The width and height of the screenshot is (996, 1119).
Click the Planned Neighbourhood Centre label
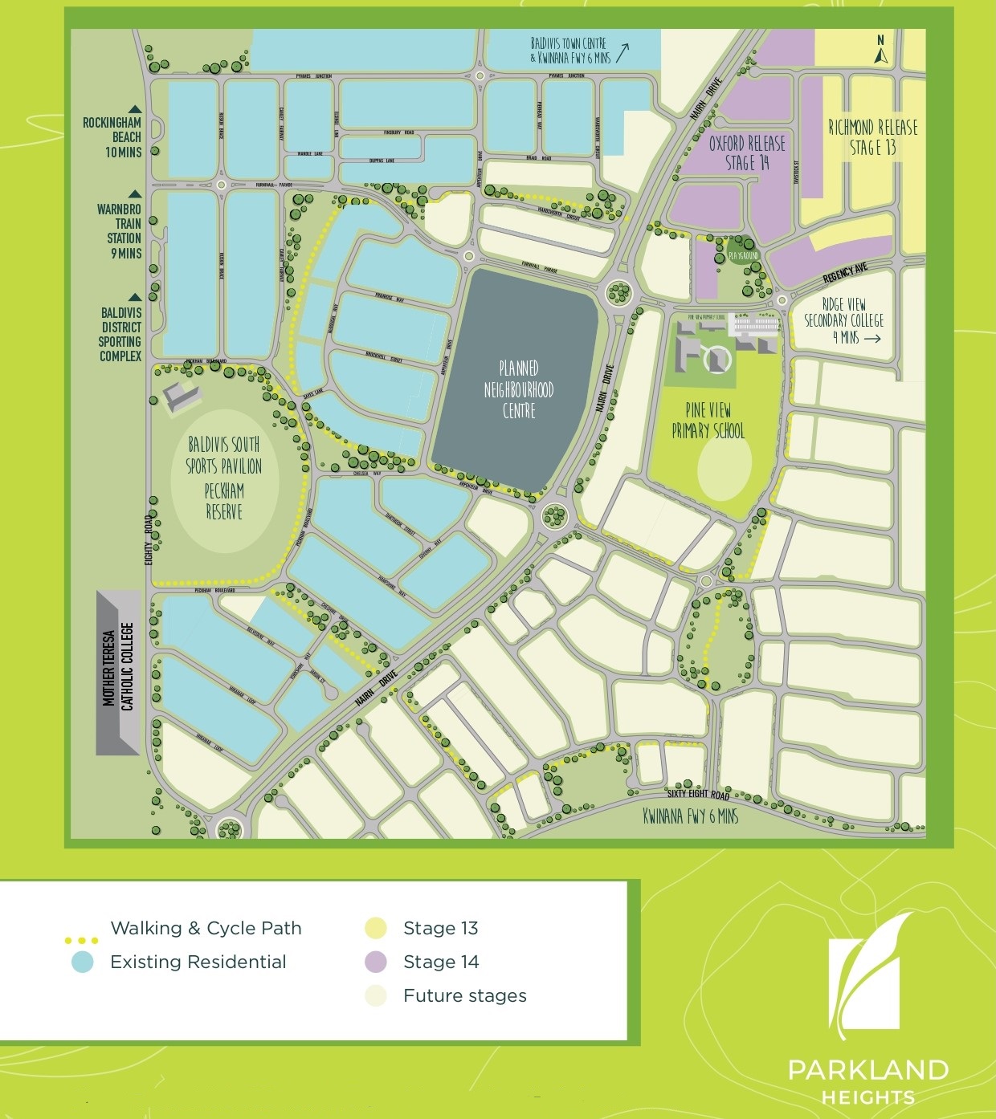[518, 390]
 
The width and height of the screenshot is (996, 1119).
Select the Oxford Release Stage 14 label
[747, 153]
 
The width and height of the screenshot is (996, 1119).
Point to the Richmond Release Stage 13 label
[872, 137]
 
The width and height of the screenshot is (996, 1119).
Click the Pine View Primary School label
[708, 421]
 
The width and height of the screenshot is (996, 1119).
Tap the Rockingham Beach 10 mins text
[112, 136]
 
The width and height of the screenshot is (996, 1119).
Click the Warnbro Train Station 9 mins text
[119, 230]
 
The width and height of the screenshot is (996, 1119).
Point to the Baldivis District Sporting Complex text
[120, 334]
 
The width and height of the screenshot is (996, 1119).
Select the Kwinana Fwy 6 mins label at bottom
[690, 816]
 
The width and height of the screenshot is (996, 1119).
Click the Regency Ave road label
[844, 274]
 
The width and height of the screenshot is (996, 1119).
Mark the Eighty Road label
[149, 539]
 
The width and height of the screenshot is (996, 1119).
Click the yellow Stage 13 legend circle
[375, 928]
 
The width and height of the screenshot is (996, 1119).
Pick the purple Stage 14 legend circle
[375, 962]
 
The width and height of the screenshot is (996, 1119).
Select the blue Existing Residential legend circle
[82, 962]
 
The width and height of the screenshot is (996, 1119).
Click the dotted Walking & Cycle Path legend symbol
[81, 940]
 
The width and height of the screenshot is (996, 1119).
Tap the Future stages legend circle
[375, 995]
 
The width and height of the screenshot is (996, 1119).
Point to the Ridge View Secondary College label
[843, 320]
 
